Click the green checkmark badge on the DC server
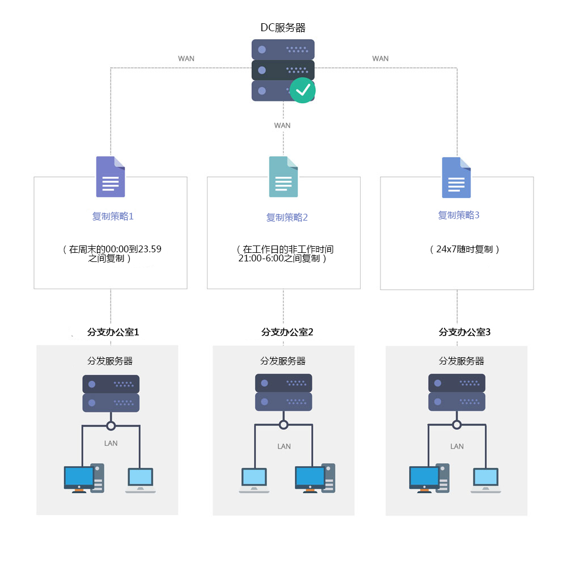303,90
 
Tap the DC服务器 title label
283,27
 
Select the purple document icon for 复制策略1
111,176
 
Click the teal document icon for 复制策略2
283,176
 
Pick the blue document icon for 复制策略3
456,177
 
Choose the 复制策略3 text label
459,215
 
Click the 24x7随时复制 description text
464,249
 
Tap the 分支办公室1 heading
113,332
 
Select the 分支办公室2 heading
287,332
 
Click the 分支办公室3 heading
464,332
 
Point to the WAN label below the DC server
282,125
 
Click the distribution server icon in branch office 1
111,393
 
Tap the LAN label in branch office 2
284,446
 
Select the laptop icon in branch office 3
486,480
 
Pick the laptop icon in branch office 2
254,480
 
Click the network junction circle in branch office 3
456,425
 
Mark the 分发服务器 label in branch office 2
283,361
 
